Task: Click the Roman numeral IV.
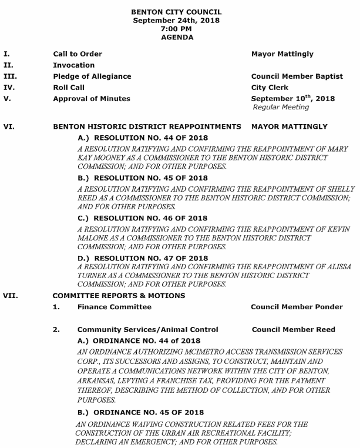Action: click(8, 88)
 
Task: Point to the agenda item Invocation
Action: click(73, 65)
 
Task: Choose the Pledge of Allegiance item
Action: click(92, 76)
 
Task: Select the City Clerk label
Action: click(270, 88)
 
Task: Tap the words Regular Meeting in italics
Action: click(280, 107)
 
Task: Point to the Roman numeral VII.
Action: click(9, 295)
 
